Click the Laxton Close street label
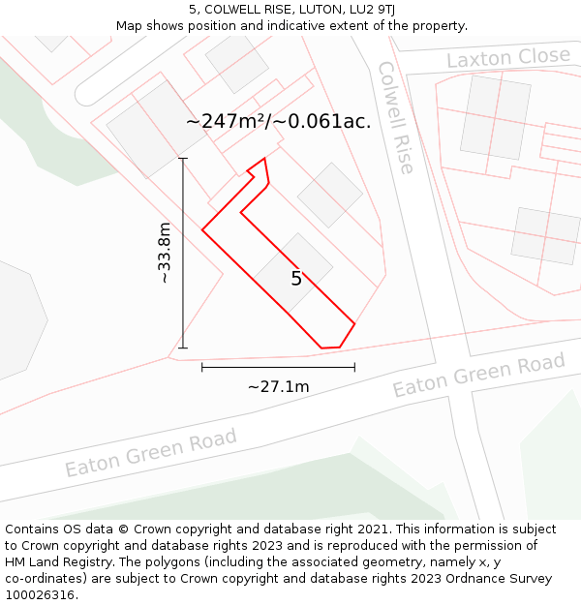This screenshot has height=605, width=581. click(508, 58)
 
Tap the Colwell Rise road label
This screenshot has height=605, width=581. click(395, 118)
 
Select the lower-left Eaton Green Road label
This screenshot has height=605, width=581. click(151, 453)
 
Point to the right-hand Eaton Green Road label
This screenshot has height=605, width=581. click(478, 376)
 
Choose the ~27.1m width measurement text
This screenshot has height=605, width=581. click(278, 387)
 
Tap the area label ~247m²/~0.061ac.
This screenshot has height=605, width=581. click(278, 122)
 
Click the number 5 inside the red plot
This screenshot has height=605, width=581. click(296, 279)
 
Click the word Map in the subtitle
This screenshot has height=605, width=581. click(130, 25)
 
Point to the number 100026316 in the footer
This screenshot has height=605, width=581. click(38, 595)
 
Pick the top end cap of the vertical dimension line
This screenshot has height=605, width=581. click(183, 158)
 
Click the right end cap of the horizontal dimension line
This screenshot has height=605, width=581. click(354, 367)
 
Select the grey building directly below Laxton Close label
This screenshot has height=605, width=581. click(495, 117)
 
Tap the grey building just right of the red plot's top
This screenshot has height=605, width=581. click(329, 195)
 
